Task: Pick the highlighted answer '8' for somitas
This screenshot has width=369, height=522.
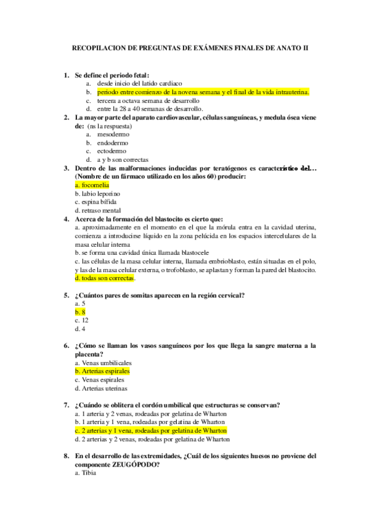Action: click(x=80, y=312)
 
